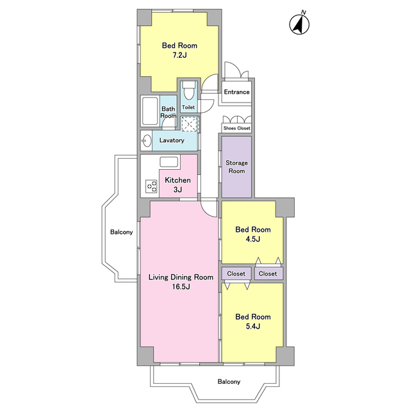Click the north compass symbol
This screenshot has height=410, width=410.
tap(299, 24)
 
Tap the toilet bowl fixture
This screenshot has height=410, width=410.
tap(188, 90)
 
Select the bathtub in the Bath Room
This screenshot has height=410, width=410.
tap(150, 111)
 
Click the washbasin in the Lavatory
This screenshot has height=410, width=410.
tap(146, 141)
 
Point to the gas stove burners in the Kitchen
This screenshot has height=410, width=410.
tap(151, 186)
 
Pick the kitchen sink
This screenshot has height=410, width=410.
tap(169, 162)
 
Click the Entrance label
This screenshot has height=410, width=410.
tap(236, 92)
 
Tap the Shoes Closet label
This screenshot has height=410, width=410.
tap(237, 128)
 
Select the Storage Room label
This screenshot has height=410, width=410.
tap(236, 167)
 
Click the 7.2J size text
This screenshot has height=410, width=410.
tap(179, 55)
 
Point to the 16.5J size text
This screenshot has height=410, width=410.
tap(181, 287)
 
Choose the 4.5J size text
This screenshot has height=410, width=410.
tap(253, 239)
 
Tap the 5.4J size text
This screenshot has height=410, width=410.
tap(253, 327)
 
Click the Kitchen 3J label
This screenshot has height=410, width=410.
tap(178, 185)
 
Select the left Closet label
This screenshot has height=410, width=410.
tap(236, 274)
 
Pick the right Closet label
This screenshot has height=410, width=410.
tap(268, 274)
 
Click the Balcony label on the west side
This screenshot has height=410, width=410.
tap(121, 232)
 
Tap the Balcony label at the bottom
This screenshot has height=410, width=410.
tap(229, 382)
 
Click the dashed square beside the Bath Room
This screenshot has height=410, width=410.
tap(190, 124)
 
